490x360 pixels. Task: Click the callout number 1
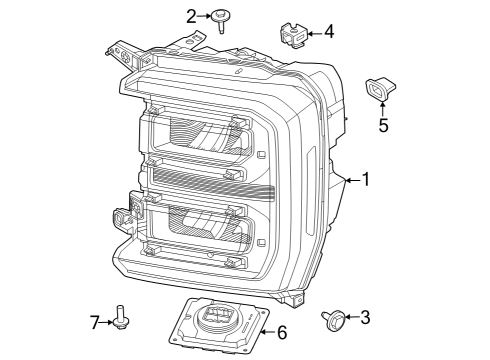click(366, 180)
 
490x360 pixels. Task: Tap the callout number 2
click(191, 15)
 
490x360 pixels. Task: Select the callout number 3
click(364, 317)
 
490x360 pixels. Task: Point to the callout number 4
click(328, 32)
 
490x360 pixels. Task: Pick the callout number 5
click(382, 126)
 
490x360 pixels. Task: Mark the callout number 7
click(95, 321)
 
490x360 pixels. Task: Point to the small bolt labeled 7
click(120, 318)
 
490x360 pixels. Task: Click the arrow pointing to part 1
click(350, 180)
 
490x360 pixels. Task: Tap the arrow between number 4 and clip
click(312, 33)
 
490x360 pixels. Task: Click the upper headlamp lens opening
click(200, 135)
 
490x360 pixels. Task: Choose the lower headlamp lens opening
click(200, 228)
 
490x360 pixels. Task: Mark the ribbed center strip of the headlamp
click(215, 180)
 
